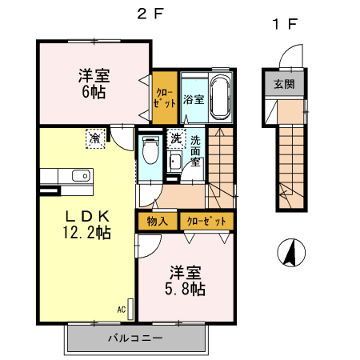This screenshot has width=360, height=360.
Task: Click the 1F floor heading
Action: [x=285, y=24]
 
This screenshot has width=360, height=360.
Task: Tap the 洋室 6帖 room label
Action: [x=94, y=83]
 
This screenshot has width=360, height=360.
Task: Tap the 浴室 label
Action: [x=193, y=100]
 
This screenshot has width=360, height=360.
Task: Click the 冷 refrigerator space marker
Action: [x=95, y=139]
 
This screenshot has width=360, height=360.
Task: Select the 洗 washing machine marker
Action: [x=176, y=138]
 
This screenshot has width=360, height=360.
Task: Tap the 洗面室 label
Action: [x=196, y=152]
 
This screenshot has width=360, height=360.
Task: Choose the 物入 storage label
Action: [x=157, y=220]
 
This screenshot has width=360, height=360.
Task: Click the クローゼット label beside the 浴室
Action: [x=165, y=98]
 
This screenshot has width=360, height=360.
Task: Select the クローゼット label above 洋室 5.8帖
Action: [x=206, y=220]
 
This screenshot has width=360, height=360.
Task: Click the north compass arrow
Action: [x=291, y=254]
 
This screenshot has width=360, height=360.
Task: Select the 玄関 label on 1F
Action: [x=283, y=84]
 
